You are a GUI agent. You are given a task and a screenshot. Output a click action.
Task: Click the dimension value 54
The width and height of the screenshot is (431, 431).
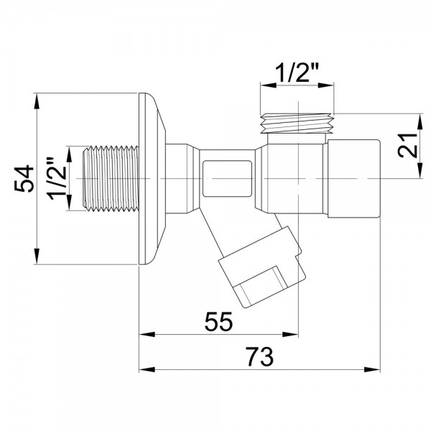[x=23, y=179]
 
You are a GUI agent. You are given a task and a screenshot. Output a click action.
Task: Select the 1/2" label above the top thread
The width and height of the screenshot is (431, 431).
[x=298, y=72]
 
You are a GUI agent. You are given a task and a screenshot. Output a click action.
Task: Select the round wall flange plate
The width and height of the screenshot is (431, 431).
[x=152, y=179]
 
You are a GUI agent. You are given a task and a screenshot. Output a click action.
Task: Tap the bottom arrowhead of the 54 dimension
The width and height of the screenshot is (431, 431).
[x=37, y=260]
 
